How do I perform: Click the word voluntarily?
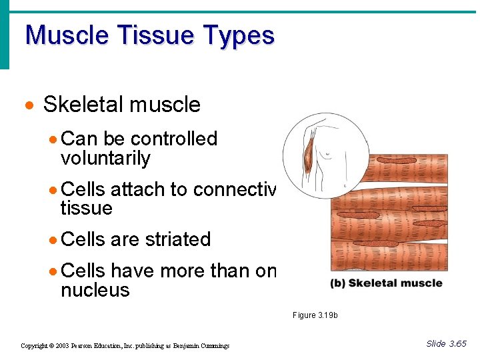tap(105, 159)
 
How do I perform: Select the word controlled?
tap(174, 139)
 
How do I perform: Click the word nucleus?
tap(95, 290)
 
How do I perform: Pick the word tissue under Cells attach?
tap(86, 209)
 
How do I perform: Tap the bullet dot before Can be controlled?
tap(53, 140)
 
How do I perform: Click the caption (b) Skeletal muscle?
tap(386, 283)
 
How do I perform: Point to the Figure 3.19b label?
tap(315, 315)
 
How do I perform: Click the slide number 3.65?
tap(457, 344)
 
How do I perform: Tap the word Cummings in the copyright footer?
tap(211, 346)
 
